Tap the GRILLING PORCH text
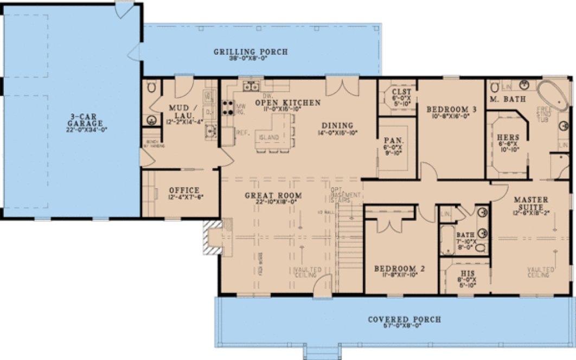[x=250, y=52]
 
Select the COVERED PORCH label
[x=404, y=320]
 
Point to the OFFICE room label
[x=184, y=190]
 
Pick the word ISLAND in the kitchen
[x=269, y=137]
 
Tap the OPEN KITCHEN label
[x=287, y=102]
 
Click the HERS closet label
[x=508, y=137]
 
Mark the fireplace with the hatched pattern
[x=213, y=236]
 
